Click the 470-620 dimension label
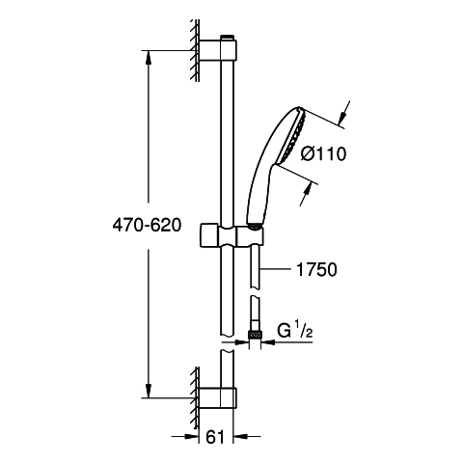point(147,225)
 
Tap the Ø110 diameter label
point(323,153)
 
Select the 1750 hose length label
point(316,269)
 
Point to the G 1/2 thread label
point(295,331)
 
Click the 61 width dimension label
point(214,437)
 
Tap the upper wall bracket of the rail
point(218,50)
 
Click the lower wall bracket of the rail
point(218,398)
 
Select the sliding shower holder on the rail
point(231,236)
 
